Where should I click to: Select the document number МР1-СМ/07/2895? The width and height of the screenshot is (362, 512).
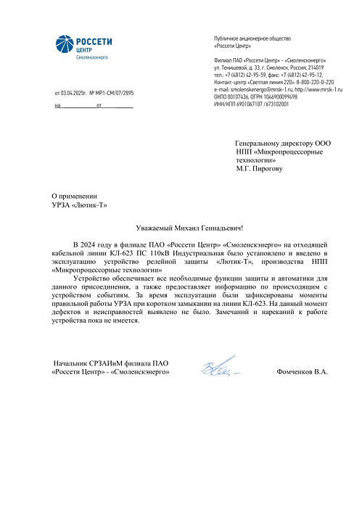tap(115, 94)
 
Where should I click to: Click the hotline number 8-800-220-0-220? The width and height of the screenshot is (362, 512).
tap(310, 81)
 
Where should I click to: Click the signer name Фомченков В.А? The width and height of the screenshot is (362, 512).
tap(302, 371)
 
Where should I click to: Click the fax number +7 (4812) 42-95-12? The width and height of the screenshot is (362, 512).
tap(300, 75)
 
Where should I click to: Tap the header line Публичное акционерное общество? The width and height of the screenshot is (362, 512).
tap(252, 38)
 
